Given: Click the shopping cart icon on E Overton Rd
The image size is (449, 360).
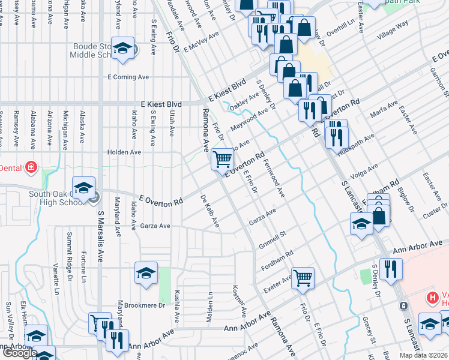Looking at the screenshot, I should [x=222, y=159].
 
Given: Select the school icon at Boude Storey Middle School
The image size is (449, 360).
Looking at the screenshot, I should [x=123, y=49].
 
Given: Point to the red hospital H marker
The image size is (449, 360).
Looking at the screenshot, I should [x=431, y=298].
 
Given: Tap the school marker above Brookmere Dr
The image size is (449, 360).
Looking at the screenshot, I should [x=146, y=273].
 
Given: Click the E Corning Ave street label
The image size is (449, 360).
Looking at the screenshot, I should [x=128, y=77].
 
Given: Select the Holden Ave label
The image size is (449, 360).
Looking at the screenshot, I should [x=124, y=152].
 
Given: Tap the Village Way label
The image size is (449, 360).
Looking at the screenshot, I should [x=393, y=29].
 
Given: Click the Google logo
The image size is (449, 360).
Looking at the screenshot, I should [x=20, y=353].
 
